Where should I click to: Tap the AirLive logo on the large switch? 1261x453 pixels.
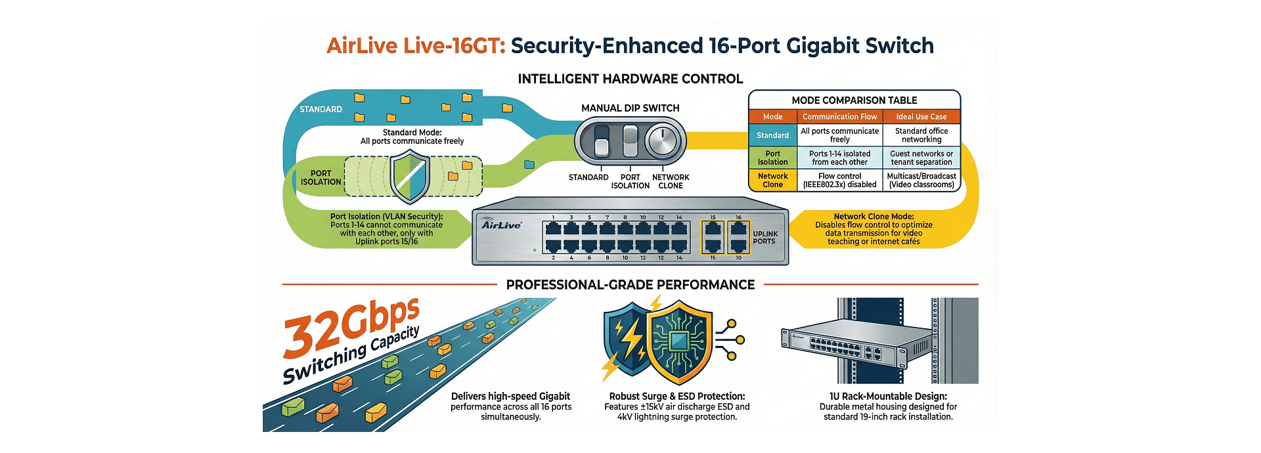coord(501,225)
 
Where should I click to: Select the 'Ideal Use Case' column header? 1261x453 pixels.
coord(921,117)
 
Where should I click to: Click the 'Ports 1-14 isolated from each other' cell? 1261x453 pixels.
coord(839,158)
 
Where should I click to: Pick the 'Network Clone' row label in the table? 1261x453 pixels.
coord(772,181)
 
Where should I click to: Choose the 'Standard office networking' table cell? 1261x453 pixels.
coord(921,135)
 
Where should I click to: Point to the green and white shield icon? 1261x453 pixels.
coord(410,177)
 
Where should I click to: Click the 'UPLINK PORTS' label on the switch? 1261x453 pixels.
coord(764,238)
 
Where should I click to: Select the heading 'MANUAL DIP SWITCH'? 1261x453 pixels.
coord(630,108)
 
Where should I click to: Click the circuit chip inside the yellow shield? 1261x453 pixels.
coord(679,341)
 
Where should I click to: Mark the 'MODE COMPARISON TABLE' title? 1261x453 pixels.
coord(854,100)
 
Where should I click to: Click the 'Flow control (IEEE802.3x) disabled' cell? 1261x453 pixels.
coord(839,181)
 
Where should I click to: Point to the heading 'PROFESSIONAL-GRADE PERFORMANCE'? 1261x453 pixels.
coord(630,285)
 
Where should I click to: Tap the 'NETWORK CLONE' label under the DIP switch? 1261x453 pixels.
coord(671,182)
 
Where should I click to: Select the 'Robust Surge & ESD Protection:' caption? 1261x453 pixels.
coord(676,397)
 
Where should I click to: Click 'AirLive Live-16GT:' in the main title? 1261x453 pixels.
coord(416,46)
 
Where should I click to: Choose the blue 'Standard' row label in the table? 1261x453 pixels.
coord(772,135)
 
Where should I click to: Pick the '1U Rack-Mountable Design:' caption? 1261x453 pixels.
coord(888,397)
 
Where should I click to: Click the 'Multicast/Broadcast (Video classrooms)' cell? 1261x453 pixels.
coord(921,181)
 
